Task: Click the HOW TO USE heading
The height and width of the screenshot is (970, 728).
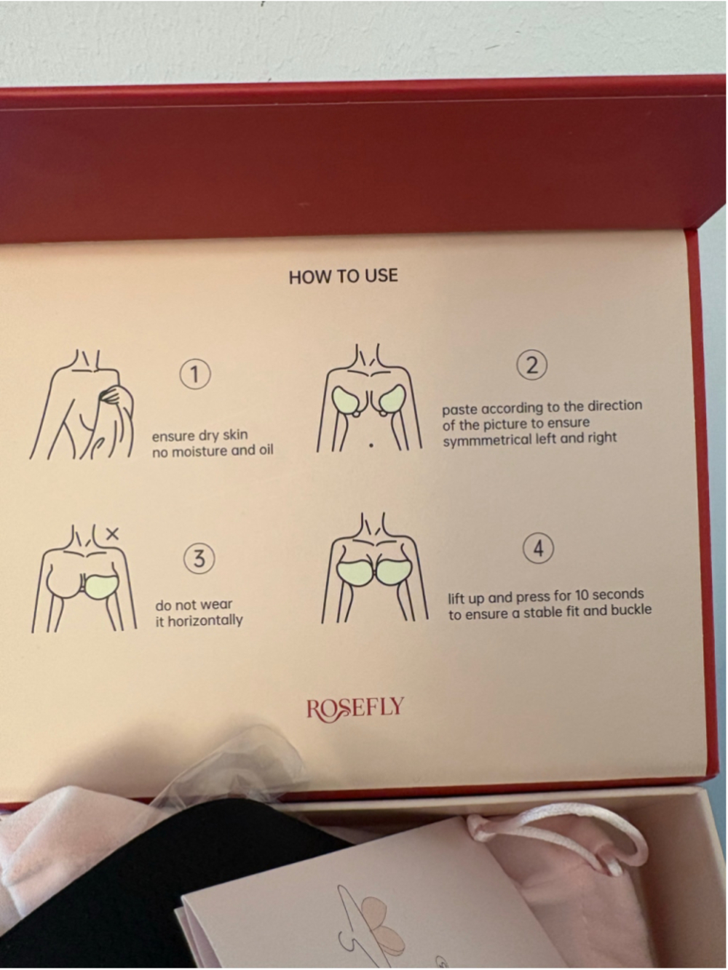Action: click(344, 277)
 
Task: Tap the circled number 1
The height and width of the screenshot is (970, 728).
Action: click(195, 374)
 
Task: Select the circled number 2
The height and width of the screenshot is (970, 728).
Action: click(532, 366)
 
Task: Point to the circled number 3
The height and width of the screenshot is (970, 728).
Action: click(199, 559)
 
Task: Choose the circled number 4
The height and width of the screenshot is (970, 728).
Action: click(539, 549)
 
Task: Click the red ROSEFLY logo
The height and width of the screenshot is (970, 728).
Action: click(355, 707)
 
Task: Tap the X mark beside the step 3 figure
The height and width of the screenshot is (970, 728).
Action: click(113, 534)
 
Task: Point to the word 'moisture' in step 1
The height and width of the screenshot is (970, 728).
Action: click(202, 451)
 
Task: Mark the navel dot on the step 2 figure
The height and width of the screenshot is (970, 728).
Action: click(371, 445)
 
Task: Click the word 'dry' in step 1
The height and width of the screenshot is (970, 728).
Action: click(208, 436)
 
